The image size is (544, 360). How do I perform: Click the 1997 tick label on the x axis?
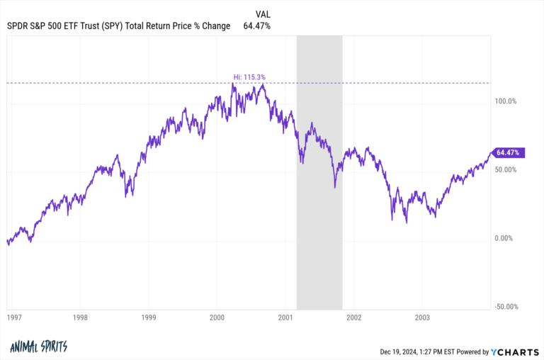tap(13, 318)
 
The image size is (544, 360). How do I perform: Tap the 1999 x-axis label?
tap(149, 318)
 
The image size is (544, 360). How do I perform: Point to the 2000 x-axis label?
tap(217, 318)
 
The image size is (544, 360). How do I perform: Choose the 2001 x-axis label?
tap(285, 318)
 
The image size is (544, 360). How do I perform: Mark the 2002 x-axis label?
tap(353, 318)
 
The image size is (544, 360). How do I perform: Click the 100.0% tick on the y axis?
tap(506, 101)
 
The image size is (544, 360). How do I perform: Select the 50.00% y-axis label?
tap(506, 170)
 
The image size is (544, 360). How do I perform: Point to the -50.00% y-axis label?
tap(506, 307)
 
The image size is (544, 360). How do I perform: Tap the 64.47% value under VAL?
tap(256, 26)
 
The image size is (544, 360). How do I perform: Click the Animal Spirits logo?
tap(38, 347)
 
